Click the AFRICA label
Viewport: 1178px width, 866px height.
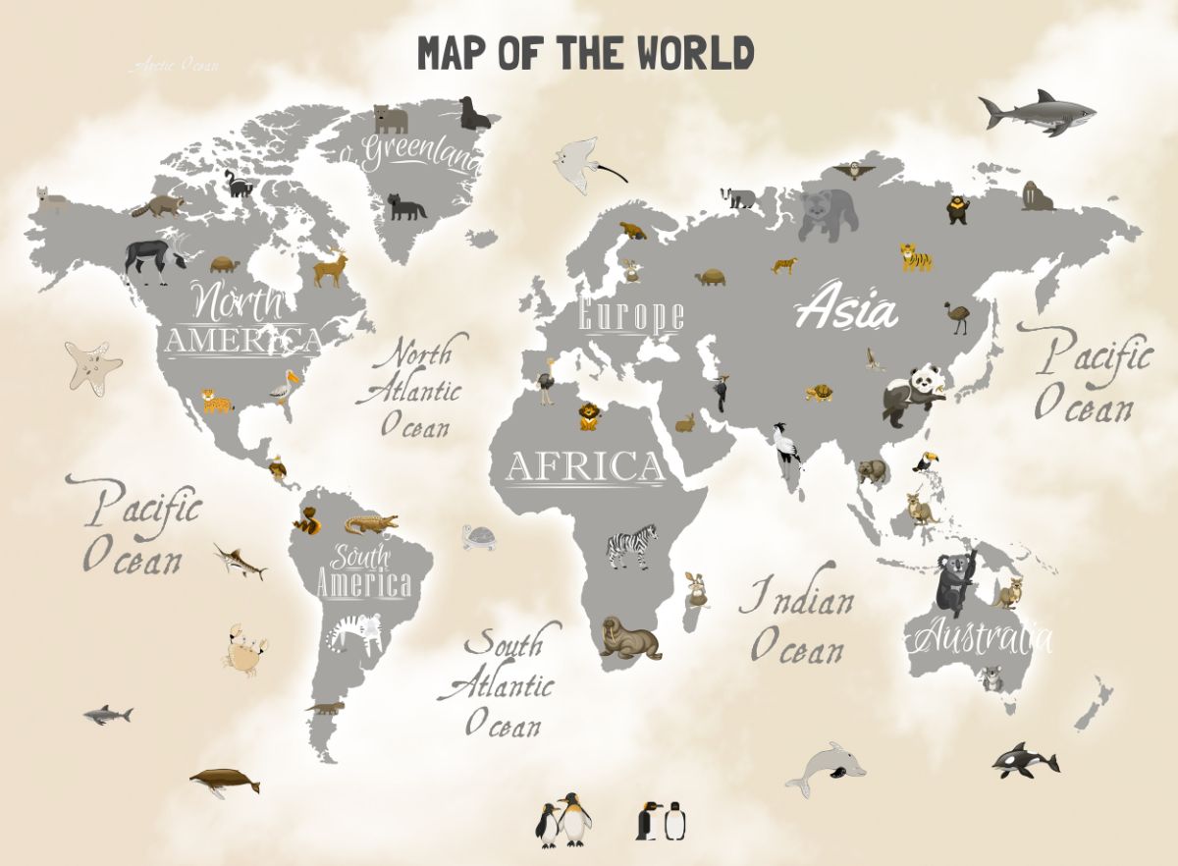point(585,467)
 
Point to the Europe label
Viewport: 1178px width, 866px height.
point(630,316)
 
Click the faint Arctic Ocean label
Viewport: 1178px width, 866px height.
point(175,66)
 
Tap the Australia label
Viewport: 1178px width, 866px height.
point(982,639)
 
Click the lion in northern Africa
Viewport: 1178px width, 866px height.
point(589,415)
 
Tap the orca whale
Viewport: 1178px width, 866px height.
point(1025,760)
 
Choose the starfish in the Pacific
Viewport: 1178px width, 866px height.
point(93,367)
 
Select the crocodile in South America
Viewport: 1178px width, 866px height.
point(370,523)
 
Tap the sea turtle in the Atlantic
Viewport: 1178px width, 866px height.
point(480,537)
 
